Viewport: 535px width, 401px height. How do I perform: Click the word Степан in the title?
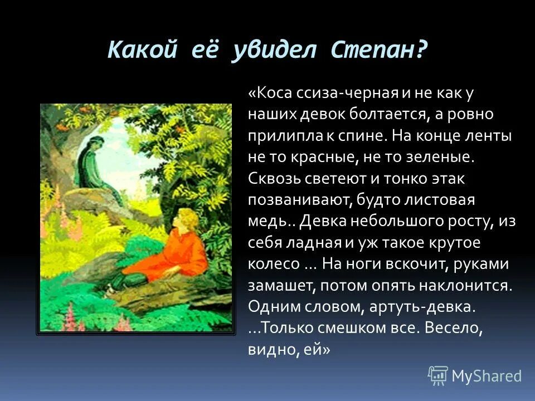tap(379, 51)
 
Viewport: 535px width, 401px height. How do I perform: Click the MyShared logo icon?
tap(438, 375)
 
